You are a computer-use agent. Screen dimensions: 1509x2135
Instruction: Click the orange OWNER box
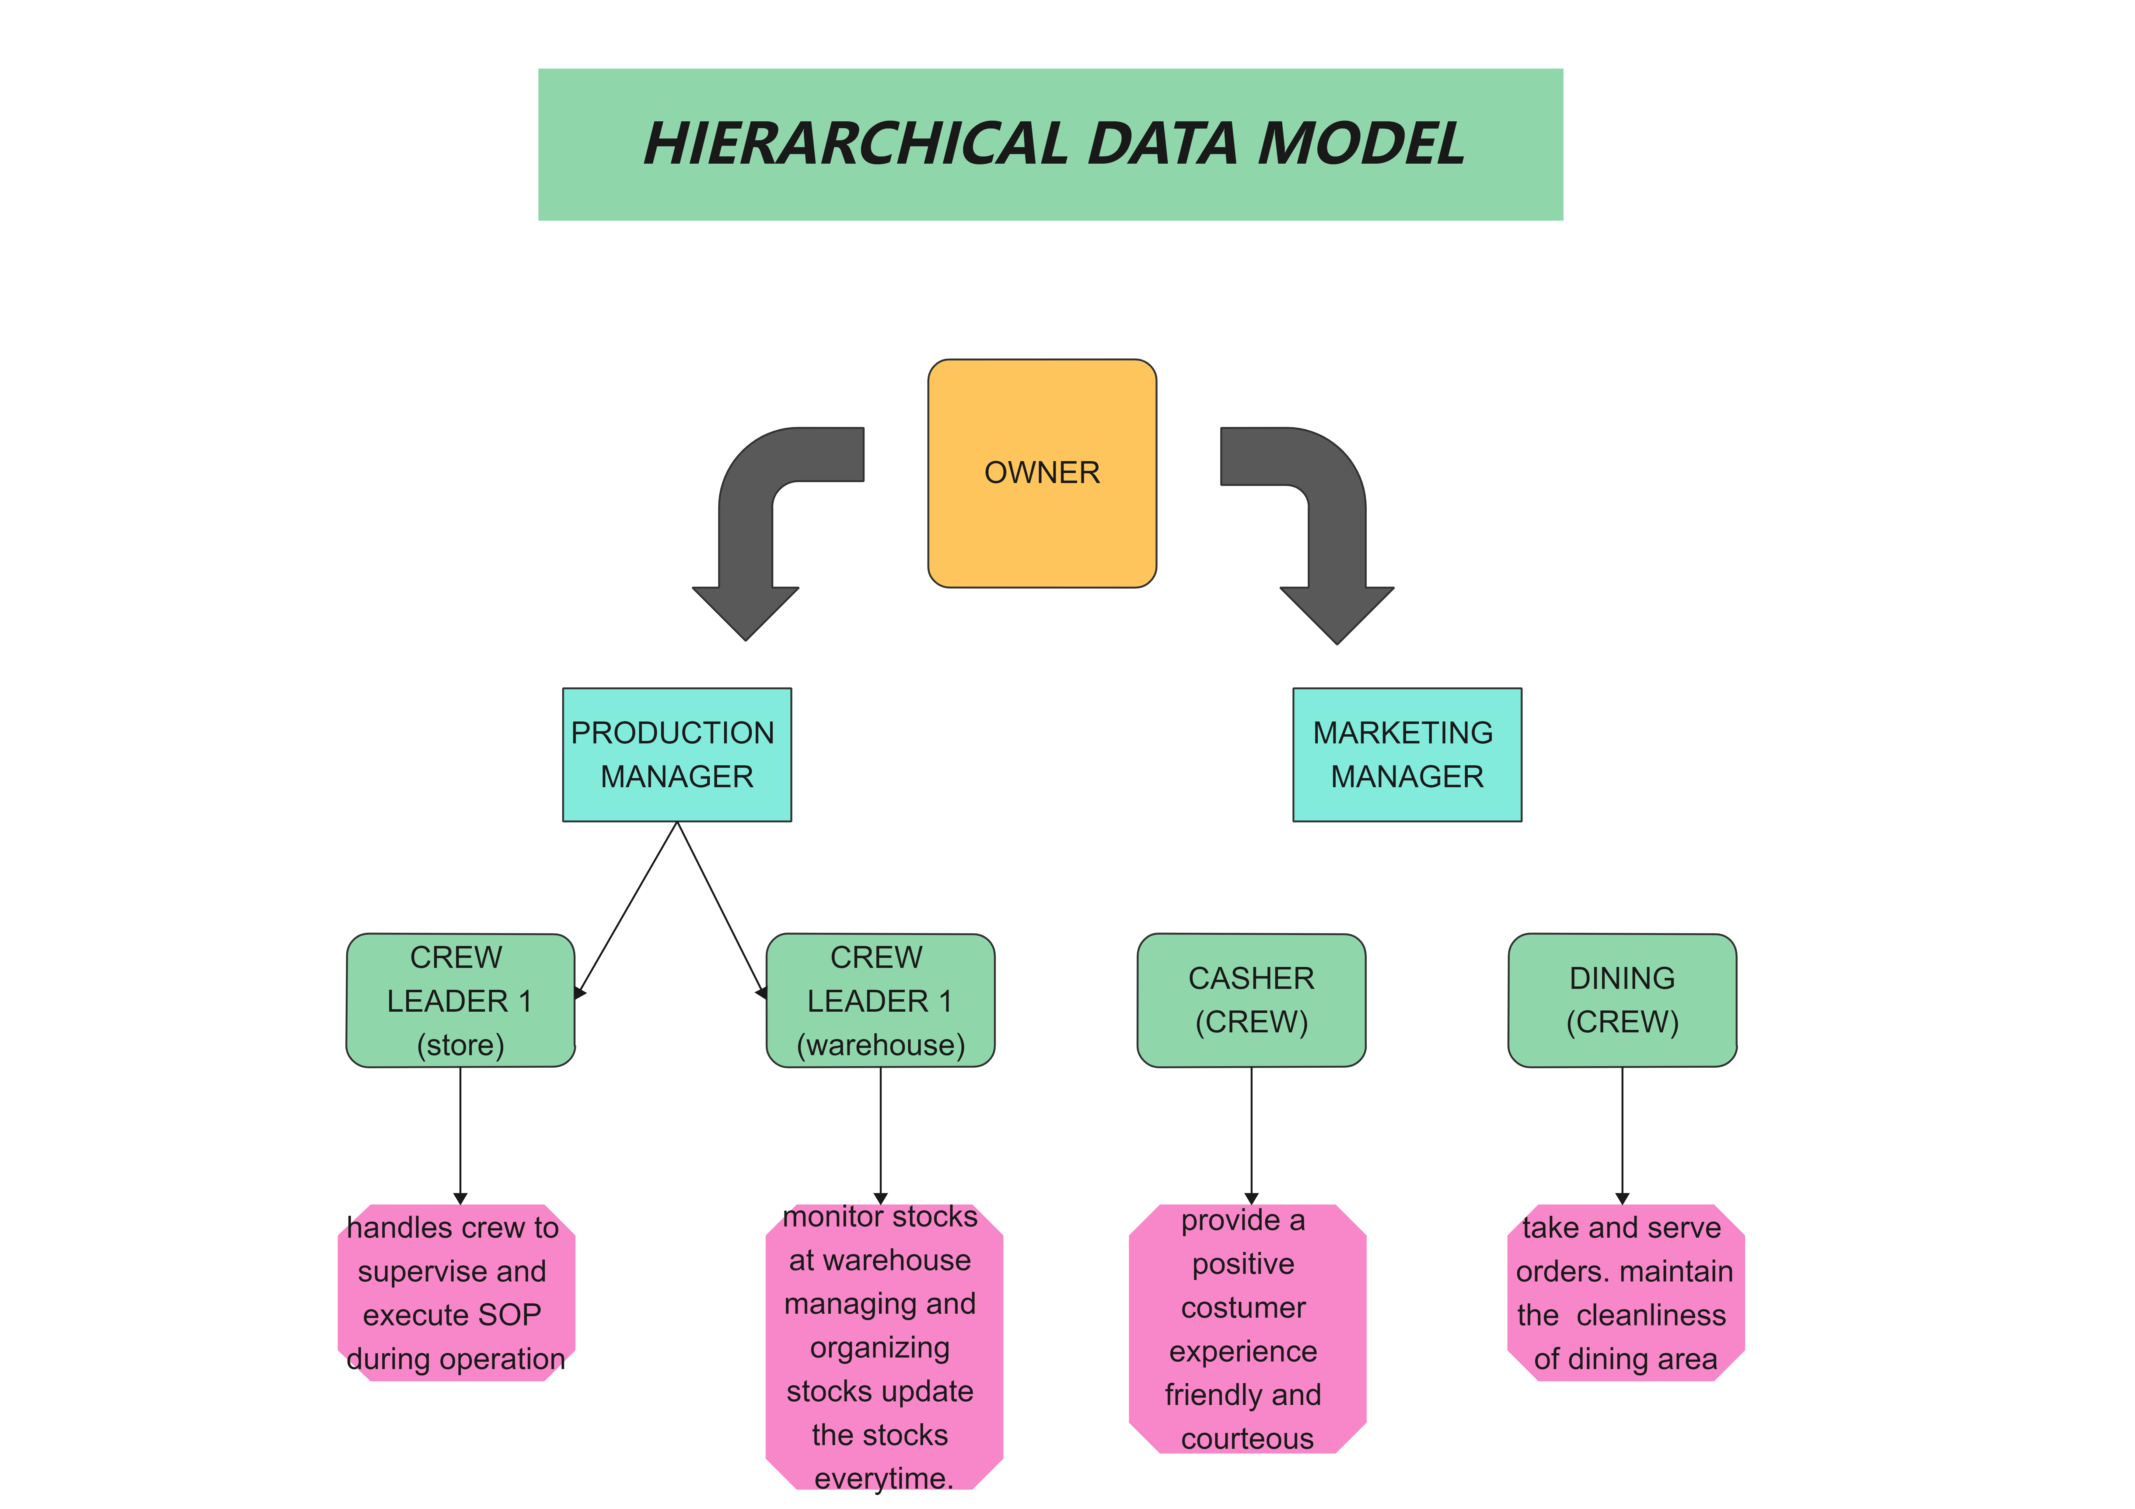pyautogui.click(x=1041, y=473)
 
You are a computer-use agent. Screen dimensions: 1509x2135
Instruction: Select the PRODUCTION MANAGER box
pyautogui.click(x=676, y=754)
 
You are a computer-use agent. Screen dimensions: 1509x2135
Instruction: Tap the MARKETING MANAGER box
pyautogui.click(x=1406, y=754)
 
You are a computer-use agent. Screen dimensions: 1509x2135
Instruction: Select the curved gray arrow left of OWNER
pyautogui.click(x=758, y=521)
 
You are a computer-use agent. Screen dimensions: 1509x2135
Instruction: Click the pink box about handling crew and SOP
pyautogui.click(x=456, y=1292)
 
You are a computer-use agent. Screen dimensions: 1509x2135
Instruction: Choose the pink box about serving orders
pyautogui.click(x=1624, y=1292)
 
